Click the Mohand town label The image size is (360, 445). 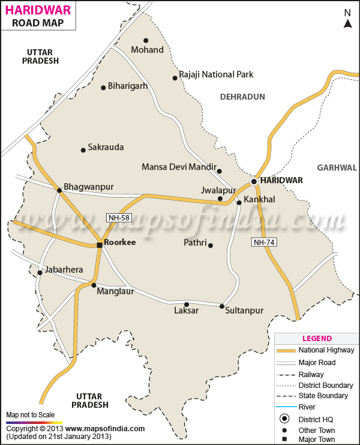tap(147, 50)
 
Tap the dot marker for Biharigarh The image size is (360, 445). tap(103, 86)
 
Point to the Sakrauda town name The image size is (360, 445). tap(106, 147)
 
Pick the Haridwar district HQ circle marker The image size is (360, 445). tap(254, 181)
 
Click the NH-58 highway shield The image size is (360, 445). tap(119, 217)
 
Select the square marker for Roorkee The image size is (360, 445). tap(100, 244)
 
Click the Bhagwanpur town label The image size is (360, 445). tap(88, 187)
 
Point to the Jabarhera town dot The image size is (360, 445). tap(40, 273)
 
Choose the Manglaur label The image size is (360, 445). tap(115, 292)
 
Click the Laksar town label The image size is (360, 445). tap(186, 311)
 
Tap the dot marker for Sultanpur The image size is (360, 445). tap(221, 307)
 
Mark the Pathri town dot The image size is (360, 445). tap(210, 245)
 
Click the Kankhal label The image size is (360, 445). tap(259, 199)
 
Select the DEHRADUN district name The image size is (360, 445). tap(242, 96)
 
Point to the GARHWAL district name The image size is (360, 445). tap(337, 168)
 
